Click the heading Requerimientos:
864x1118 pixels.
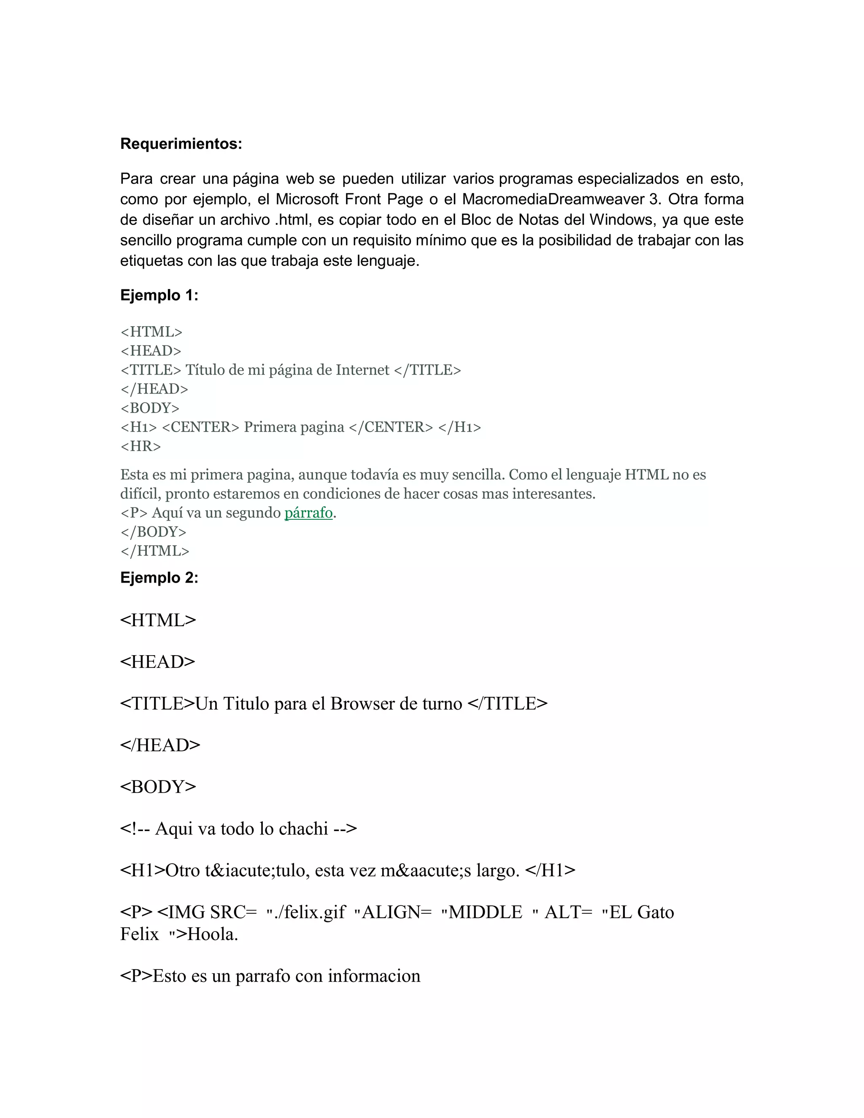click(181, 144)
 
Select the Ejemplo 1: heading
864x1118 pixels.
click(159, 295)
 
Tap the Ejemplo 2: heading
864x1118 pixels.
click(159, 578)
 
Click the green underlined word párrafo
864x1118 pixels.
click(308, 513)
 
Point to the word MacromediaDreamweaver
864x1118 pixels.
click(552, 199)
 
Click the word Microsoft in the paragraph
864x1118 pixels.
click(307, 199)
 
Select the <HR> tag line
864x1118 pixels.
click(141, 446)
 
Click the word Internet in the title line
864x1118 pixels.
click(362, 370)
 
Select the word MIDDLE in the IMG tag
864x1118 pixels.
click(485, 913)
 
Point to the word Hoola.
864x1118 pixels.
click(213, 934)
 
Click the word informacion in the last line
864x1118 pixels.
click(374, 976)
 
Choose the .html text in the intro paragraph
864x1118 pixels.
click(292, 220)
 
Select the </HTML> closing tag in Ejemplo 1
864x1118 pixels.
click(154, 551)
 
